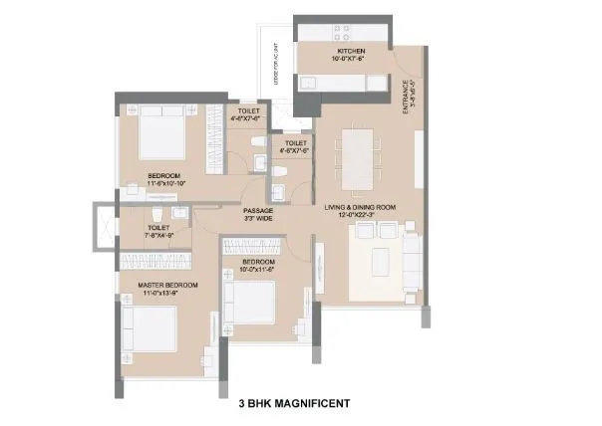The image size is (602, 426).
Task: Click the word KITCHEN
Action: pos(351,50)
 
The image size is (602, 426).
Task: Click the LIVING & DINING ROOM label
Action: pos(360,207)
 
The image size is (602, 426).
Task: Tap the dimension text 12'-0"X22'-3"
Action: pos(360,216)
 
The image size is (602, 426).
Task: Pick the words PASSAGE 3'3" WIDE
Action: pos(258,214)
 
